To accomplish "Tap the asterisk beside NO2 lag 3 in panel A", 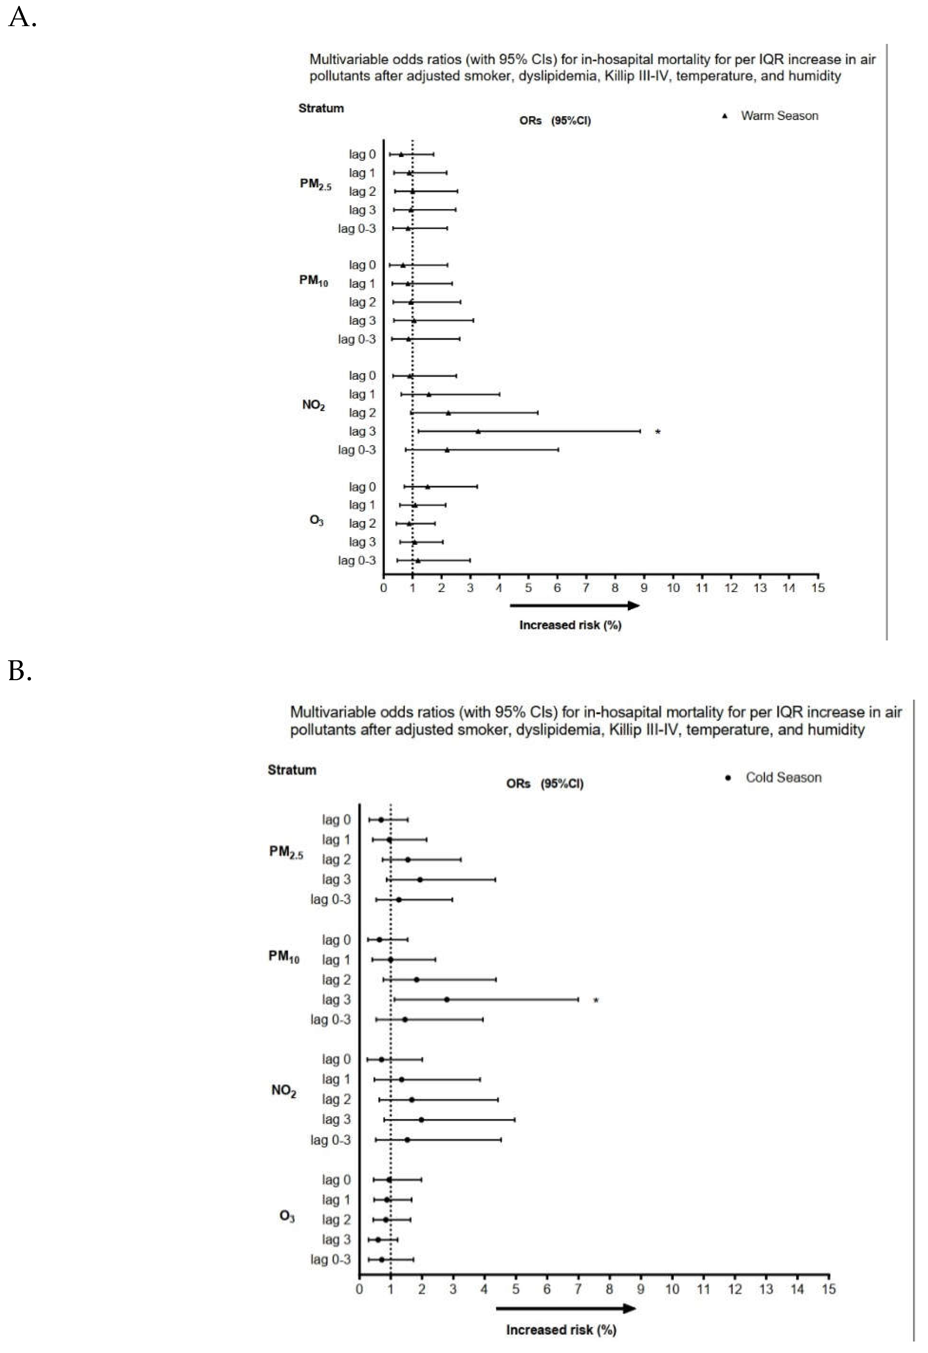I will [658, 432].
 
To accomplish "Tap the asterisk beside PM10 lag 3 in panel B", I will [596, 1001].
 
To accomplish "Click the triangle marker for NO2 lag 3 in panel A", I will [478, 431].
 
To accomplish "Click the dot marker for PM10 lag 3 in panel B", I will [447, 1000].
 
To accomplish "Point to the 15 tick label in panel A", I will [818, 588].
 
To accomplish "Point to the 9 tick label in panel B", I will [641, 1289].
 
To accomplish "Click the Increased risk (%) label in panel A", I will [570, 625].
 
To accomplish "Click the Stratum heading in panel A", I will [321, 108].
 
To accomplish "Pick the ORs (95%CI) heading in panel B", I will [545, 784].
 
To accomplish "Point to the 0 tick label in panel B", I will [359, 1289].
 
